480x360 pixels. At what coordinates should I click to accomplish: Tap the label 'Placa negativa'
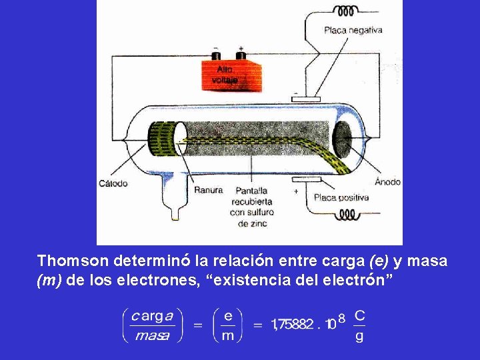[353, 29]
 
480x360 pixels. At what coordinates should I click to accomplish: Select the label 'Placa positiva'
[341, 197]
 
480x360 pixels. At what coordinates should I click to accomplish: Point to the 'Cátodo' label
[113, 183]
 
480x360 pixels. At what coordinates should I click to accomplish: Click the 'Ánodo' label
[387, 181]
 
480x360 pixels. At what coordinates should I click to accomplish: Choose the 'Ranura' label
[208, 191]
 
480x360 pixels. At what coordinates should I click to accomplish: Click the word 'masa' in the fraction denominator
[152, 336]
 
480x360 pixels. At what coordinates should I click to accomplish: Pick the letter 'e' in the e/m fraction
[229, 314]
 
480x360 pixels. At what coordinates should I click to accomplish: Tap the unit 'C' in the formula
[359, 314]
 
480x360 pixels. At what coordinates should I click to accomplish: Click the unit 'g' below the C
[359, 337]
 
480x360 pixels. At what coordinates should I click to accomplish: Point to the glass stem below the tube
[175, 200]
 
